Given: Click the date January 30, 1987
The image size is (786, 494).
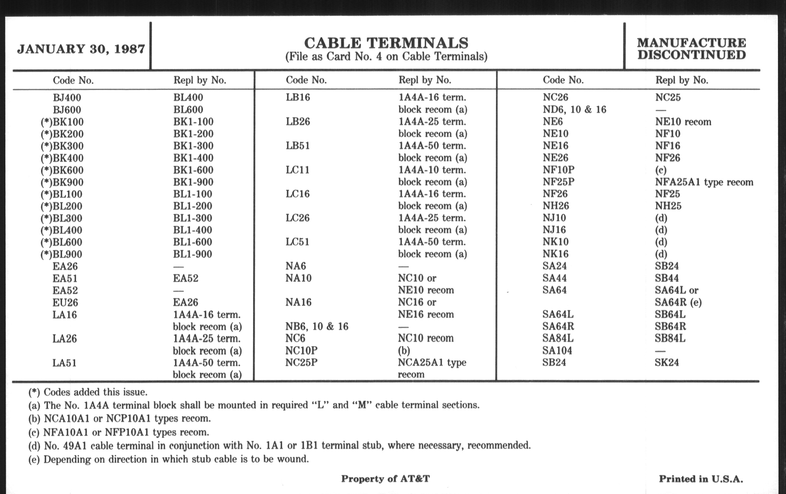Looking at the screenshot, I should (x=81, y=49).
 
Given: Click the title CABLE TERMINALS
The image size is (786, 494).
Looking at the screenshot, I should (x=386, y=43).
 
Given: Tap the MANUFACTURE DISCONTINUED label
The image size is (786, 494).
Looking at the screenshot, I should (x=691, y=49).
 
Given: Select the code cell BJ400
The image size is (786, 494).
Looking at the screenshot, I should (x=67, y=98).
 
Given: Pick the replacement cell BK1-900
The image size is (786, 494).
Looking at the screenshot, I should (x=193, y=182).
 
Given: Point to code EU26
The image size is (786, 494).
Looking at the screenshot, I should (x=65, y=303).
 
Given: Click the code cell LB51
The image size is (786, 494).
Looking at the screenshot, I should (x=298, y=145).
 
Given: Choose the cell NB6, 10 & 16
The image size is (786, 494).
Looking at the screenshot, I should (x=317, y=326).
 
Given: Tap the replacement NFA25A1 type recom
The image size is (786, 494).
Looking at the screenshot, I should (x=704, y=182).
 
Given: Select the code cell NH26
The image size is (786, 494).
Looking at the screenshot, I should (x=556, y=206).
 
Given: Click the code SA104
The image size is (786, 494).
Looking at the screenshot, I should (x=557, y=351).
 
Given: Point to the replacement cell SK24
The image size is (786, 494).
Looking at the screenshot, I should (x=666, y=363).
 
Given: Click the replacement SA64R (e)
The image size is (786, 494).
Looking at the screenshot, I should (x=678, y=302).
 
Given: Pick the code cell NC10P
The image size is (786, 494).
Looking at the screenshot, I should (x=301, y=351).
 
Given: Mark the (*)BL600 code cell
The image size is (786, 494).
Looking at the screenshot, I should (x=61, y=242).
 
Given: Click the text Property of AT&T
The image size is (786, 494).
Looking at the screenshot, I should (x=386, y=479).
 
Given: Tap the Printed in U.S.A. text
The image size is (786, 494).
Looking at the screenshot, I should (x=701, y=479).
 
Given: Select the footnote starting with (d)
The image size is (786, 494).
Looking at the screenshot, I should (x=280, y=446).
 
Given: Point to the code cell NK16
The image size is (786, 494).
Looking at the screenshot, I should (x=556, y=254).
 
